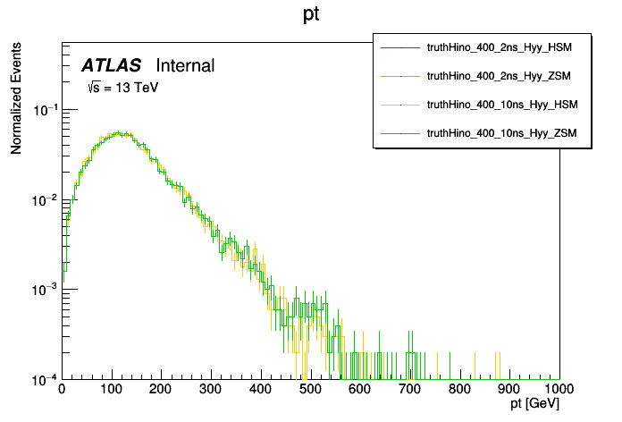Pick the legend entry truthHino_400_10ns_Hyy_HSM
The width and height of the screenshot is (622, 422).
[x=503, y=105]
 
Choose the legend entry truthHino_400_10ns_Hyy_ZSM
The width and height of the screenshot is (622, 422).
[x=503, y=133]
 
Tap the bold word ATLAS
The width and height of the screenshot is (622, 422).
[x=112, y=65]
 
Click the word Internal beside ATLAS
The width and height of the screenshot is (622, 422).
[x=185, y=65]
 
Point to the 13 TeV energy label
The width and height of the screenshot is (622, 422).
[x=122, y=88]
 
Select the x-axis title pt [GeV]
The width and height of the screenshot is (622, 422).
[x=535, y=404]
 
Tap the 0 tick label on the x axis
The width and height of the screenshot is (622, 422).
[x=62, y=390]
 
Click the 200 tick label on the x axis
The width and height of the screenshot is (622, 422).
[x=161, y=390]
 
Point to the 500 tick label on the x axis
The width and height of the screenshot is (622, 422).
[x=311, y=390]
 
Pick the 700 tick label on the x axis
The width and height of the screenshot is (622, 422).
[x=410, y=390]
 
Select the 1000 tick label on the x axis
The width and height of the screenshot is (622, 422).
[x=558, y=390]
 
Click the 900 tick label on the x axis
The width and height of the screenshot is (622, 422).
[x=510, y=390]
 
